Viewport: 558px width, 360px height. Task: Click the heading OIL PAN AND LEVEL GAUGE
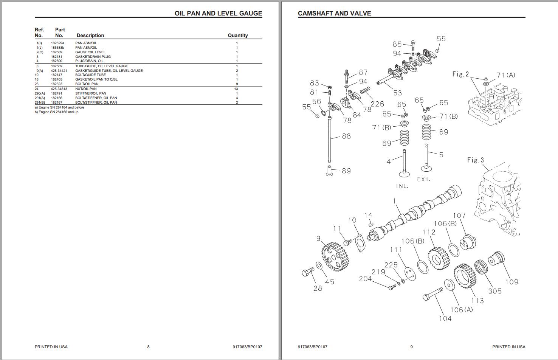coord(218,13)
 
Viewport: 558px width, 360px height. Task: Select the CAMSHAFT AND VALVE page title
coord(334,13)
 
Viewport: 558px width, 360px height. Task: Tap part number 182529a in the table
coord(57,43)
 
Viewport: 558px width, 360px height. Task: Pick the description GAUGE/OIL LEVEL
coord(90,52)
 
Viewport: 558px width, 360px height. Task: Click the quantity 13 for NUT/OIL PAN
coord(236,89)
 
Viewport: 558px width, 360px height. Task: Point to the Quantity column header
coord(237,35)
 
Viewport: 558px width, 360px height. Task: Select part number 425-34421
coord(59,71)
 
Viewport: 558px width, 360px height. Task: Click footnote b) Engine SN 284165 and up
coord(57,112)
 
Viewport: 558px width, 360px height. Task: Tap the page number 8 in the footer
coord(148,347)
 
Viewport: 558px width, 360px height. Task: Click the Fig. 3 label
coord(475,160)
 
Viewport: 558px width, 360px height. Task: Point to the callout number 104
coord(445,318)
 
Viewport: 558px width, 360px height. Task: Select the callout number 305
coord(494,291)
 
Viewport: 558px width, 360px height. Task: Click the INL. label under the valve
coord(402,186)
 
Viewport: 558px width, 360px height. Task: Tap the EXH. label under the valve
coord(423,179)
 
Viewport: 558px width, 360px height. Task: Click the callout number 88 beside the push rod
coord(346,136)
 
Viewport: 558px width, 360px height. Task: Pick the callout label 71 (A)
coord(505,75)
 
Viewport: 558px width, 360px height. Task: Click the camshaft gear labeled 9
coord(334,256)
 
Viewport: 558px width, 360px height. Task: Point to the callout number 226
coord(377,104)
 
